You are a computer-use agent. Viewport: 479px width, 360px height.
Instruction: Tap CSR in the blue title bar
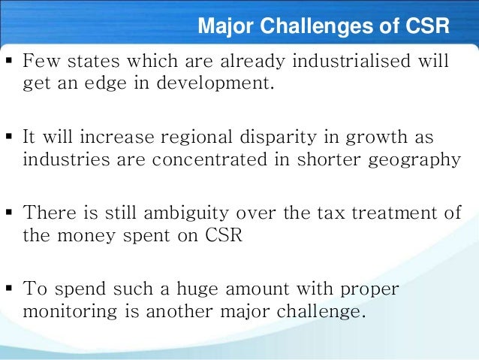pyautogui.click(x=425, y=28)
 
